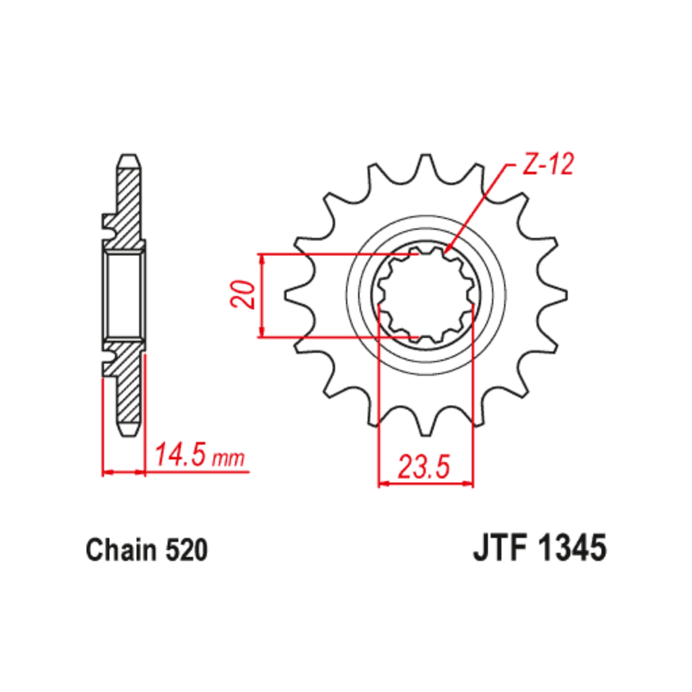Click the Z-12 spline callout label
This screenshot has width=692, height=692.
coord(547,164)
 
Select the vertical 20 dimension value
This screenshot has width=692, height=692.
coord(243,295)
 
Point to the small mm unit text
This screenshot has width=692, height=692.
coord(228,459)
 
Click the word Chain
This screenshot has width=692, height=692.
coord(122,550)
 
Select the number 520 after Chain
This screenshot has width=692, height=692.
coord(187,550)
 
